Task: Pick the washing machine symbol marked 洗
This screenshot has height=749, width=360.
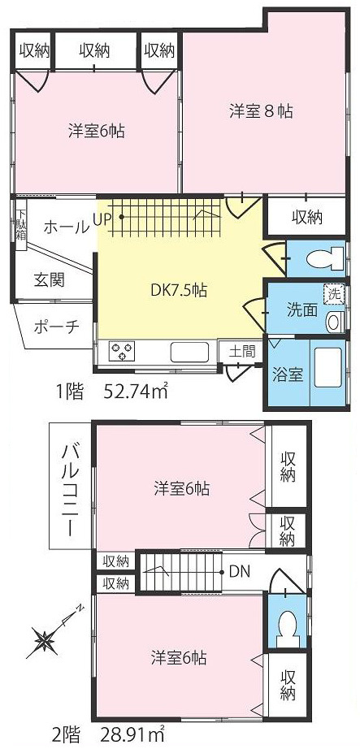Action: click(332, 293)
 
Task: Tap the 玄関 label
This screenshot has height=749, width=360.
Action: click(50, 280)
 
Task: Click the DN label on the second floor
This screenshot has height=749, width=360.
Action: click(239, 572)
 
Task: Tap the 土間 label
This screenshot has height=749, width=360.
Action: click(241, 352)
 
